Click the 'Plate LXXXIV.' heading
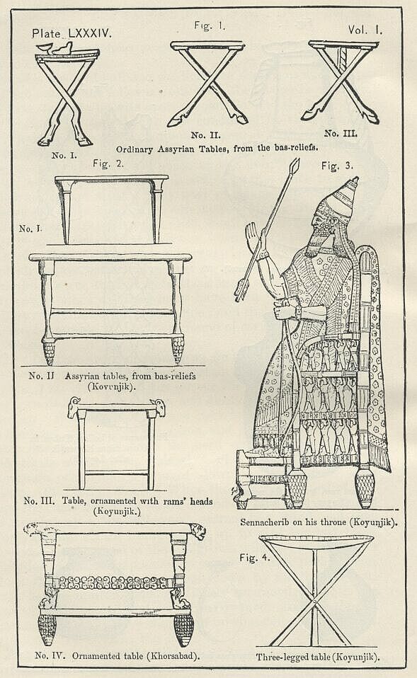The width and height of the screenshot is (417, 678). click(72, 34)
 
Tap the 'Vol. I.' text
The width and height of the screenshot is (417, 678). click(365, 30)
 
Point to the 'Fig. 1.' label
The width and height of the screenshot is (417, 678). click(210, 25)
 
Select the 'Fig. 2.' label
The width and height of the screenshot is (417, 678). click(108, 164)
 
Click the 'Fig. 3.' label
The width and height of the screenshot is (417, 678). click(337, 166)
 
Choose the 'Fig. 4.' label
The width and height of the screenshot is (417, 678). click(254, 558)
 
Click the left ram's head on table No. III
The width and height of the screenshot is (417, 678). click(74, 407)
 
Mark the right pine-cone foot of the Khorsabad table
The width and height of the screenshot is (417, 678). click(183, 629)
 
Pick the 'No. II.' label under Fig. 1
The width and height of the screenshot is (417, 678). click(205, 135)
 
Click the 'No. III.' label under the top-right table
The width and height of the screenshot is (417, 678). click(341, 133)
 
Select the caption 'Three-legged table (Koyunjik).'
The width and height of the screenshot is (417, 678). click(318, 657)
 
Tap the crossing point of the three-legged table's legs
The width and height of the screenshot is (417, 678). click(314, 601)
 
